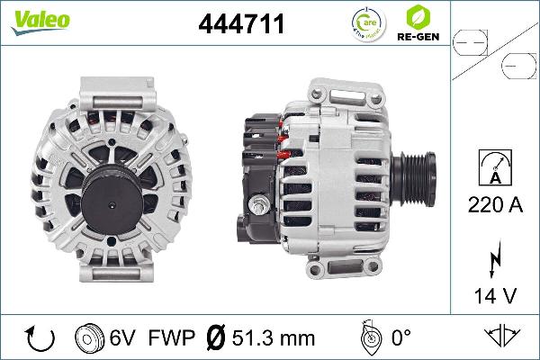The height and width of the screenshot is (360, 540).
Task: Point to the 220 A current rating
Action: point(496,205)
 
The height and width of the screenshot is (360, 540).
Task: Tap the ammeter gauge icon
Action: point(496,167)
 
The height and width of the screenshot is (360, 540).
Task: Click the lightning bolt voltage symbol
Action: point(496,255)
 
